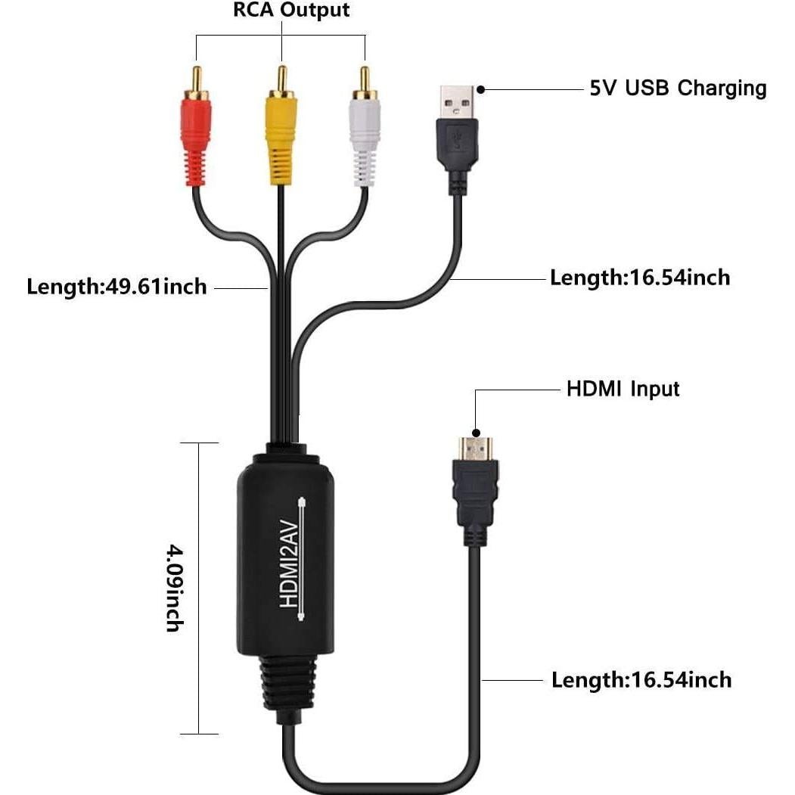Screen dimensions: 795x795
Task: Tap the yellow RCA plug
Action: coord(281,136)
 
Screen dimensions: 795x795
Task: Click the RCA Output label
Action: coord(281,11)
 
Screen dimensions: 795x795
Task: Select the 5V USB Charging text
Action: coord(678,89)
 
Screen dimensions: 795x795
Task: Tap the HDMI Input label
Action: coord(623,390)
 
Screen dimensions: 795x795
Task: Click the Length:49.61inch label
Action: coord(116,287)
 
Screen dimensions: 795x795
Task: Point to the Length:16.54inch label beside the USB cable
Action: coord(640,278)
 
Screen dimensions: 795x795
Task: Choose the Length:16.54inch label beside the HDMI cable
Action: coord(641,680)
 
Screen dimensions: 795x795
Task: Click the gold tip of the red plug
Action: coord(196,79)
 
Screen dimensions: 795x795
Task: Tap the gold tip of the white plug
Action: coord(364,79)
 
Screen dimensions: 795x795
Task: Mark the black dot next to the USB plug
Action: coord(481,89)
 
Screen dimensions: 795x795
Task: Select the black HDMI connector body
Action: coord(474,499)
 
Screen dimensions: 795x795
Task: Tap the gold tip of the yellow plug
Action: coord(281,77)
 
